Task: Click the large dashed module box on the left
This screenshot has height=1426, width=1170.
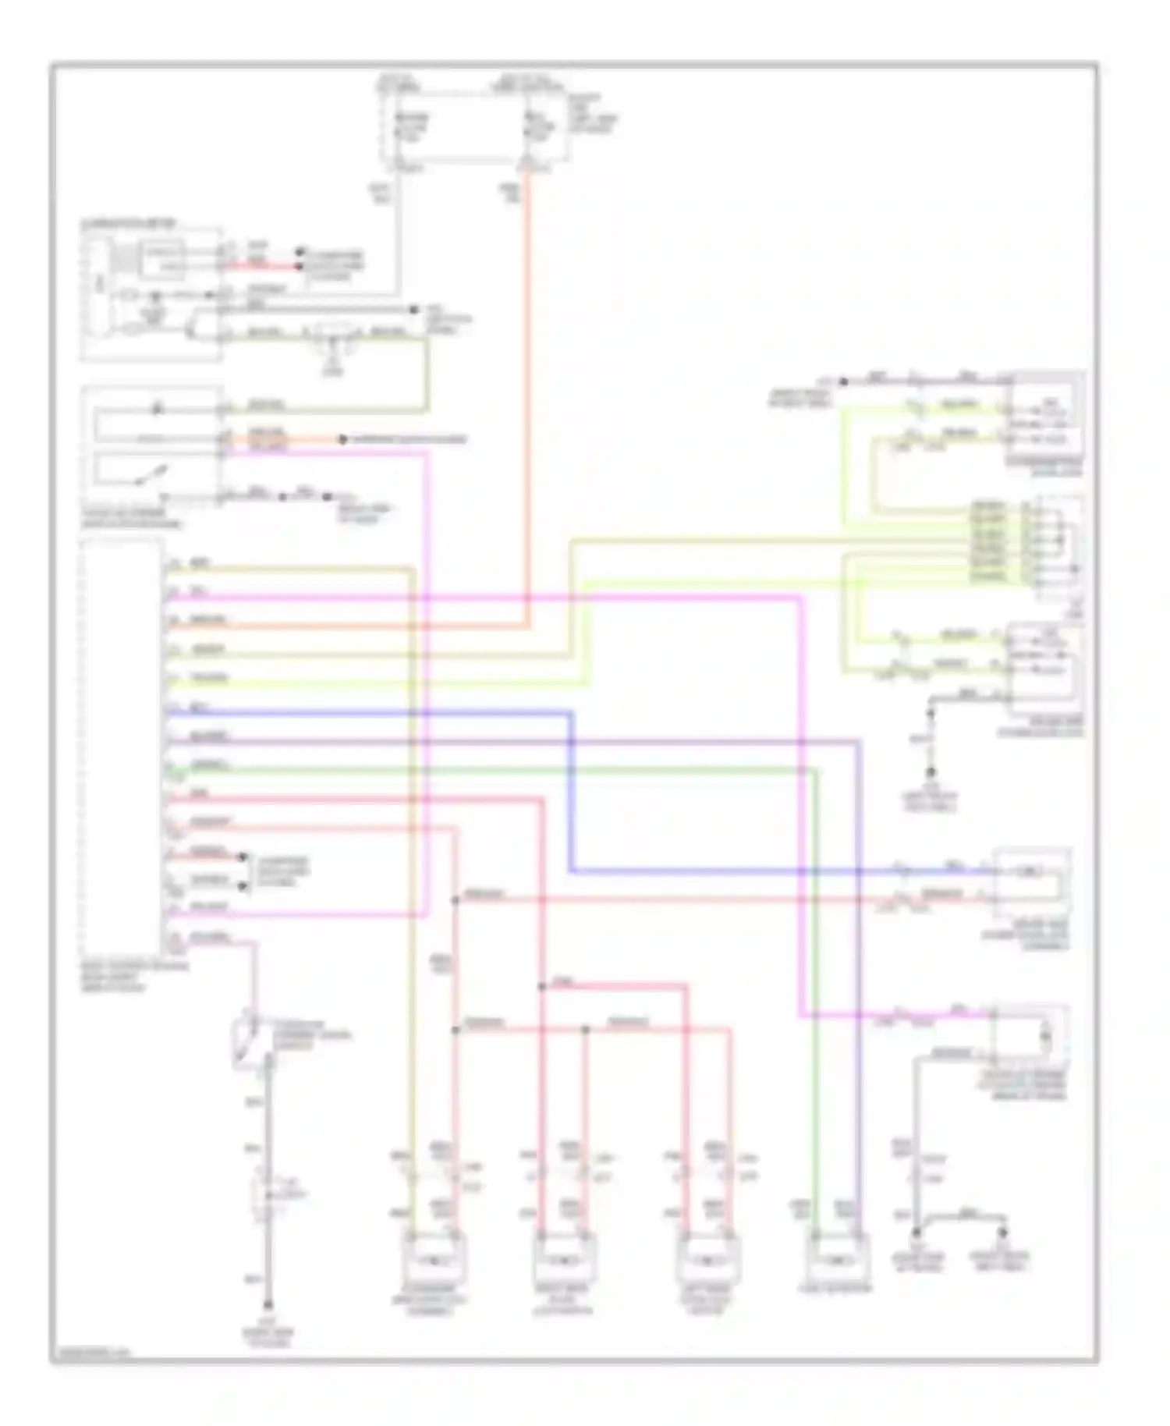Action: coord(122,747)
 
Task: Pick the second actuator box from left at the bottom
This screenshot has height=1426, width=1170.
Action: coord(564,1258)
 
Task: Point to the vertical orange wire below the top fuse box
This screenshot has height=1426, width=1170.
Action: coord(528,390)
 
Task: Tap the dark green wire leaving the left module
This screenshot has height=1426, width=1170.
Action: coord(468,770)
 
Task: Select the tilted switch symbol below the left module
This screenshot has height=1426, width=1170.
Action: coord(248,1042)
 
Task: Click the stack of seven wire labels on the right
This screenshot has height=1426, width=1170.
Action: coord(987,541)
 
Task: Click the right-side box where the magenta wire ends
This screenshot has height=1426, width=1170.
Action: coord(1030,1033)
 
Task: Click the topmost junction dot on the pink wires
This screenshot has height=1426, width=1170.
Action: coord(456,900)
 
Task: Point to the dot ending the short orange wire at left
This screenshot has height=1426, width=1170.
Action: coord(342,440)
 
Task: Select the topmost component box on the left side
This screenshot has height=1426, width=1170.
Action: coord(151,294)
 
